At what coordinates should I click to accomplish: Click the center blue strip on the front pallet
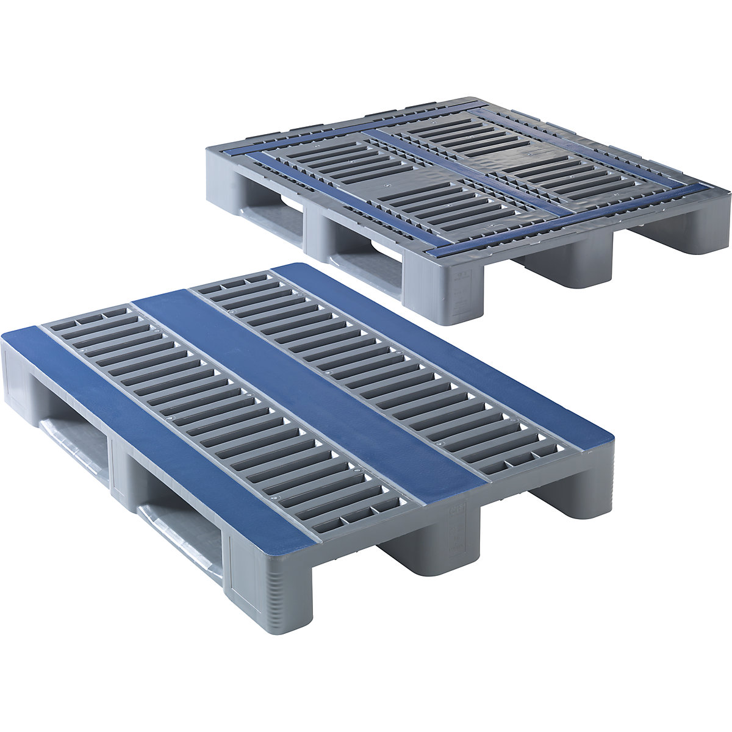(305, 390)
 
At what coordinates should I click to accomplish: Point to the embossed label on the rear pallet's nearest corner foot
(464, 281)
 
